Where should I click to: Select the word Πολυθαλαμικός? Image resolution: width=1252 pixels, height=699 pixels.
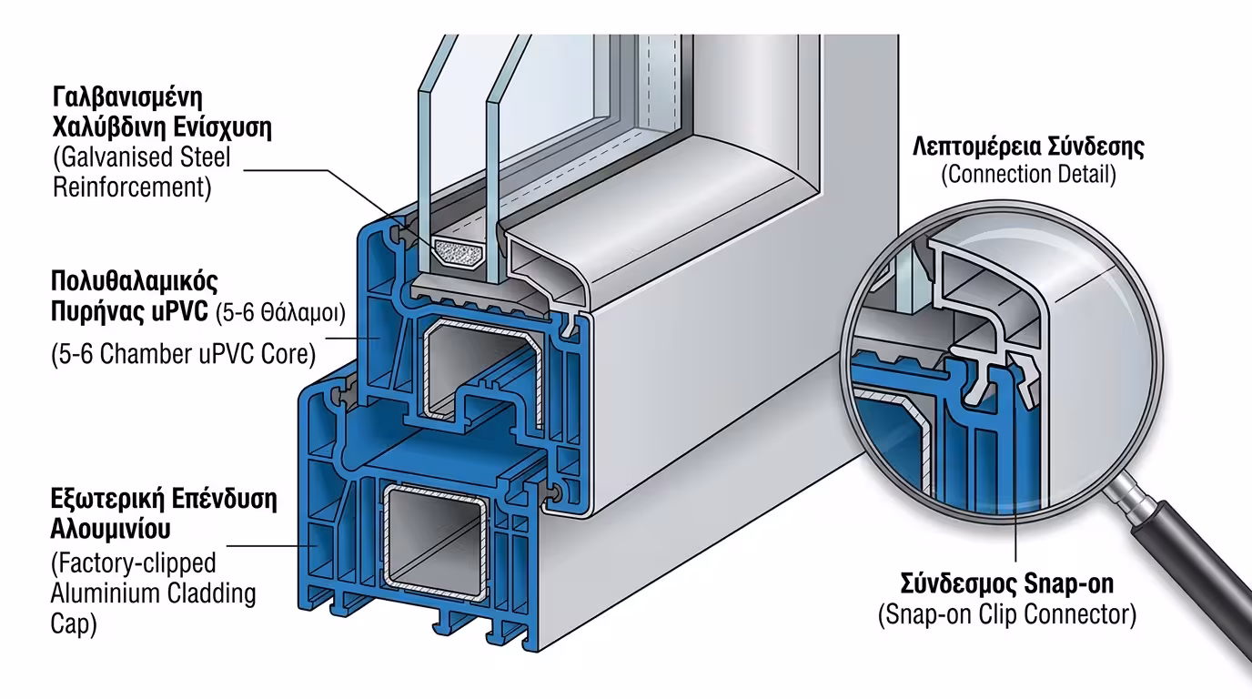[x=136, y=279]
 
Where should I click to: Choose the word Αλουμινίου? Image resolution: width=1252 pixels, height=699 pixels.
[x=111, y=529]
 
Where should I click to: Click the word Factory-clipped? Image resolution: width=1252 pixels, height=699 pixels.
[x=135, y=563]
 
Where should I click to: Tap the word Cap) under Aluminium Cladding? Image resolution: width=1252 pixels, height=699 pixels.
[x=75, y=625]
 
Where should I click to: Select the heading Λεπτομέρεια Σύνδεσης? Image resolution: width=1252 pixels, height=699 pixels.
[x=1028, y=147]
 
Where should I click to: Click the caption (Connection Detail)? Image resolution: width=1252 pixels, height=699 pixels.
[x=1028, y=175]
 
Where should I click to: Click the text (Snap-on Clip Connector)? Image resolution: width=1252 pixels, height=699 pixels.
[x=1007, y=615]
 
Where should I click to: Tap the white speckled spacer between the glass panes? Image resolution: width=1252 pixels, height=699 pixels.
[x=459, y=252]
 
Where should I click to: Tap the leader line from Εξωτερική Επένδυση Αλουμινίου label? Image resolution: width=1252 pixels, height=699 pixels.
[x=264, y=546]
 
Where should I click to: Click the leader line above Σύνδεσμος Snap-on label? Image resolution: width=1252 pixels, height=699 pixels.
[x=1015, y=491]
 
